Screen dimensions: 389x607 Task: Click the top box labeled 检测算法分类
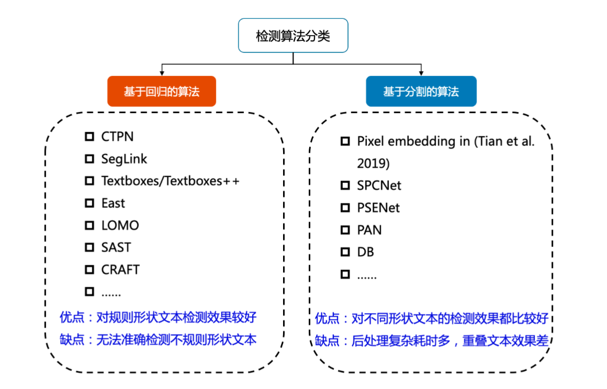pyautogui.click(x=293, y=36)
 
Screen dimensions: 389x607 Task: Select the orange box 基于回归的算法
pyautogui.click(x=161, y=92)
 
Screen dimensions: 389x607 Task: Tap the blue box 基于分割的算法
pyautogui.click(x=421, y=92)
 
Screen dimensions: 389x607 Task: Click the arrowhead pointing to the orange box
pyautogui.click(x=162, y=72)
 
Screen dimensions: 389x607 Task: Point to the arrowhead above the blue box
pyautogui.click(x=421, y=72)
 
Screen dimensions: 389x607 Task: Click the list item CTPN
pyautogui.click(x=117, y=137)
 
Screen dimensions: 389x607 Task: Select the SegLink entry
pyautogui.click(x=124, y=159)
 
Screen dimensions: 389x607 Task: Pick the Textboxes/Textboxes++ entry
pyautogui.click(x=170, y=181)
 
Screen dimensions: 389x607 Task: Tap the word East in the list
pyautogui.click(x=113, y=203)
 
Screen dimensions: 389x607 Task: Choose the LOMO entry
pyautogui.click(x=120, y=225)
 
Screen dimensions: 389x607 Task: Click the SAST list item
pyautogui.click(x=116, y=247)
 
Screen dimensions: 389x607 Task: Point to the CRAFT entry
pyautogui.click(x=121, y=269)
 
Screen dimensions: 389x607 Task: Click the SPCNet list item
pyautogui.click(x=379, y=186)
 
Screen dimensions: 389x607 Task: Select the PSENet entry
pyautogui.click(x=378, y=208)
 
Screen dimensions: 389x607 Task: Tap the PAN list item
pyautogui.click(x=370, y=230)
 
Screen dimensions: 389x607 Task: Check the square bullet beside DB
pyautogui.click(x=345, y=252)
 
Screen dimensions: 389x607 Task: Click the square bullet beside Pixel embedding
pyautogui.click(x=345, y=141)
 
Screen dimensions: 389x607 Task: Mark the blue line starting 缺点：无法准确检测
pyautogui.click(x=158, y=340)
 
